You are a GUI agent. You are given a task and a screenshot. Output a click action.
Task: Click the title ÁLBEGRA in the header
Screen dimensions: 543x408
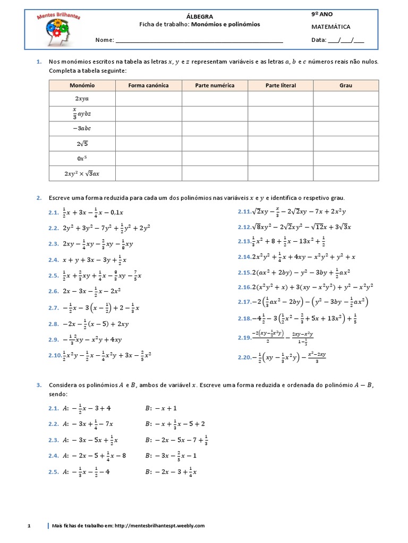200,16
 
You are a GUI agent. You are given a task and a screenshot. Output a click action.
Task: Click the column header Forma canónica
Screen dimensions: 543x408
149,85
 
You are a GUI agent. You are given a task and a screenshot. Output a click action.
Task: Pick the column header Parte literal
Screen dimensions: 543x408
280,85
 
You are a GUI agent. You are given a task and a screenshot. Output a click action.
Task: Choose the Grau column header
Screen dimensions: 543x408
346,85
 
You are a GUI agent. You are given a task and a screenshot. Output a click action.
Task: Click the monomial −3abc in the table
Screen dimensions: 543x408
82,128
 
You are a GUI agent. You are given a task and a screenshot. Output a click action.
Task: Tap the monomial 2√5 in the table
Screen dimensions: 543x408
82,143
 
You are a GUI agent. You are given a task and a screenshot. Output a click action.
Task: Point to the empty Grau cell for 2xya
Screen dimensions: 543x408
346,99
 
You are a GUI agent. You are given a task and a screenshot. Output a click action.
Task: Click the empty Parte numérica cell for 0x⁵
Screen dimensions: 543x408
215,158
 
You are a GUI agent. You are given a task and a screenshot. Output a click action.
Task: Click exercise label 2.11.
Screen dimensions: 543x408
244,212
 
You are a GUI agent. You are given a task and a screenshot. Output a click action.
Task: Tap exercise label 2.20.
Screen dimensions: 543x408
244,357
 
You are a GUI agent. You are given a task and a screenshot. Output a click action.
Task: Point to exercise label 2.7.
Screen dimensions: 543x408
53,308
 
